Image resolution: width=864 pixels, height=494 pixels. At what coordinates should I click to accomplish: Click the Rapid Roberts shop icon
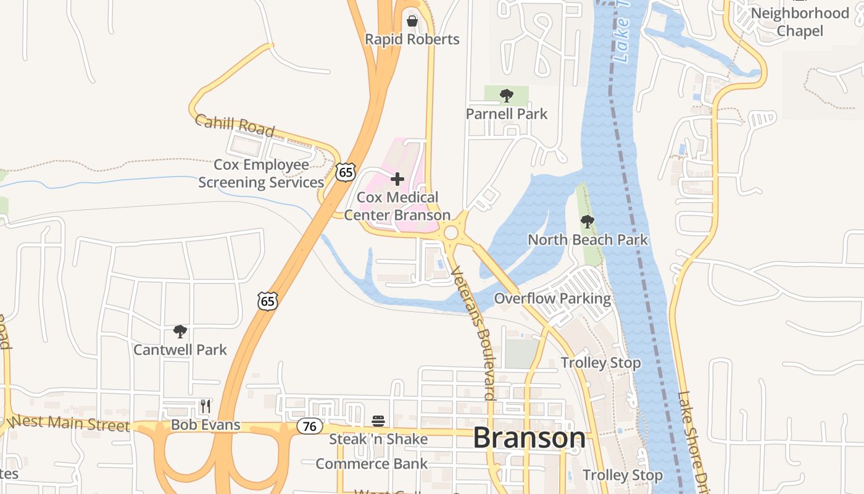[x=412, y=22]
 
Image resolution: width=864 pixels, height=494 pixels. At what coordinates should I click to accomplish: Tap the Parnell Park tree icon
[x=507, y=96]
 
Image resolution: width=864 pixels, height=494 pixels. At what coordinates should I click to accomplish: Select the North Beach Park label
[x=588, y=240]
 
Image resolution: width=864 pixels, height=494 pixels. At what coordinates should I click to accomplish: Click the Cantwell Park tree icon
[x=180, y=332]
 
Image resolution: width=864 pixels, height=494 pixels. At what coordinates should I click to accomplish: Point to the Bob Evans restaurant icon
[x=206, y=406]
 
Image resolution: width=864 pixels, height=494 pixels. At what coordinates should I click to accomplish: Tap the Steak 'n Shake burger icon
[x=378, y=421]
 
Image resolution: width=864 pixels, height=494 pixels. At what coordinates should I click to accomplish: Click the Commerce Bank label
[x=372, y=464]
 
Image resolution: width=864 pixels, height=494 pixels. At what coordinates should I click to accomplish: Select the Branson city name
[x=529, y=438]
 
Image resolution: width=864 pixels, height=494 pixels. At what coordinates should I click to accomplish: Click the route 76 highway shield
[x=310, y=426]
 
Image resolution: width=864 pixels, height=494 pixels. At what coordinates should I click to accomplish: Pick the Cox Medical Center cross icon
[x=397, y=180]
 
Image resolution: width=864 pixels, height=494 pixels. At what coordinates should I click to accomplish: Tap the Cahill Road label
[x=235, y=125]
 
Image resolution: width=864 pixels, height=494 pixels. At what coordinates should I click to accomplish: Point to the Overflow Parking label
[x=552, y=299]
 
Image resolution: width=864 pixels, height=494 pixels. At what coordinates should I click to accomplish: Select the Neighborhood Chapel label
[x=800, y=22]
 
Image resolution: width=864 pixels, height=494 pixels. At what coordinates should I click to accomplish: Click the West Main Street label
[x=70, y=423]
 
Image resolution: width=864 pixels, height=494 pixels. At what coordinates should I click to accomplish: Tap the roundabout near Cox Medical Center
[x=451, y=233]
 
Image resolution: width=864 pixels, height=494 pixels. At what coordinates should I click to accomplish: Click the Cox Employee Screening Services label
[x=261, y=174]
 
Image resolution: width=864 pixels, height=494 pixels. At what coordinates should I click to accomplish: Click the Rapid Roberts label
[x=412, y=40]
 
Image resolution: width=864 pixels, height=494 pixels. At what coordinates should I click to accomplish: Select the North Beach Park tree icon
[x=588, y=221]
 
